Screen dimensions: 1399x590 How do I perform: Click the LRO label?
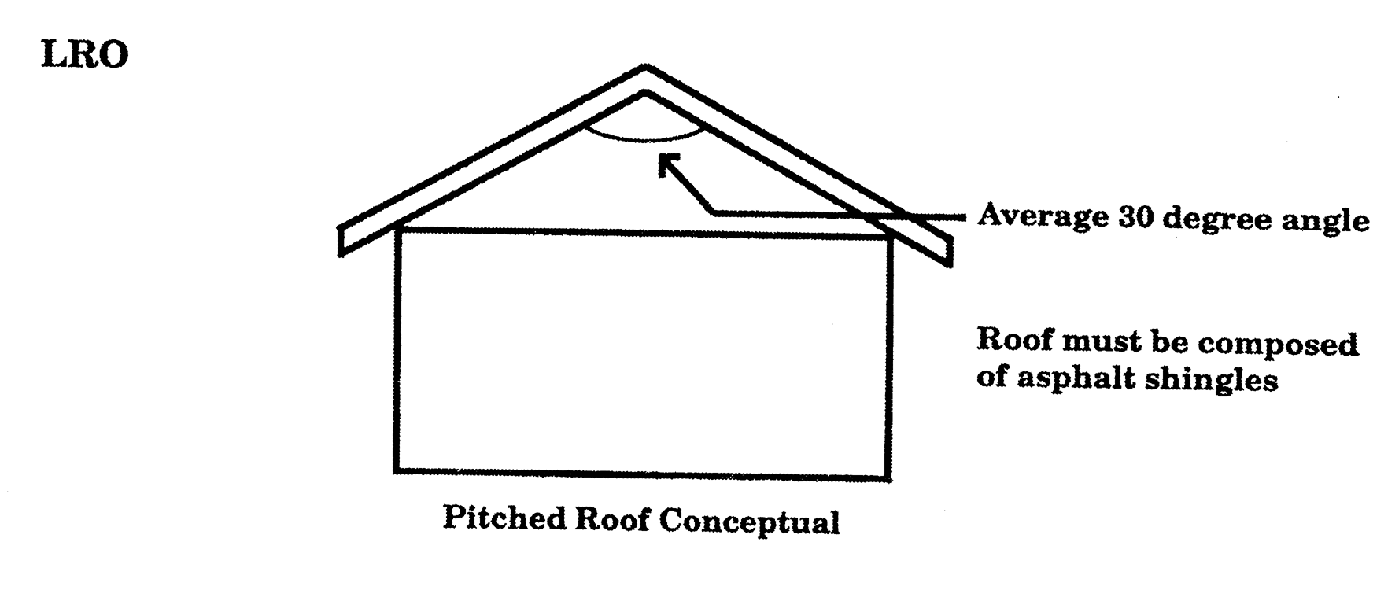(83, 56)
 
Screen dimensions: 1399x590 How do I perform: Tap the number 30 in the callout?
(1135, 216)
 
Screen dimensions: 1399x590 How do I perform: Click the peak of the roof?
(646, 69)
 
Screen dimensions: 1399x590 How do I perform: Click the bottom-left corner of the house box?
(397, 470)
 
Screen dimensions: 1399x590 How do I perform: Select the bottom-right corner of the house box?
(889, 478)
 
